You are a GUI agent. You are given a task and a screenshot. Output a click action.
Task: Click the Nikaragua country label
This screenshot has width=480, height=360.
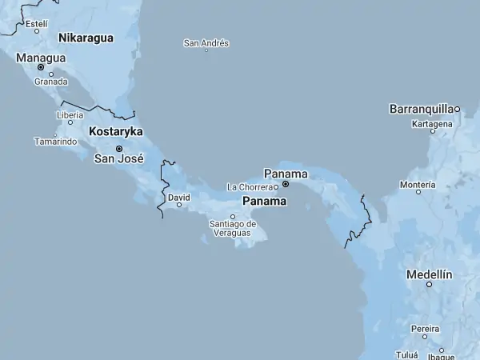click(86, 38)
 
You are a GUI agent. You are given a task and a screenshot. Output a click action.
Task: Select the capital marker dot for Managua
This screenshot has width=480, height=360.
click(41, 67)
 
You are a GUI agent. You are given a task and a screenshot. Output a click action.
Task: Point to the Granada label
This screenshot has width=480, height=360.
click(50, 82)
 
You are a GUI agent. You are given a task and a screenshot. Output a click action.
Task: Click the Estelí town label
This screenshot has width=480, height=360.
click(37, 24)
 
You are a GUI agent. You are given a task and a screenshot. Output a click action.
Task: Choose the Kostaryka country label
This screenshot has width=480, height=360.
click(116, 130)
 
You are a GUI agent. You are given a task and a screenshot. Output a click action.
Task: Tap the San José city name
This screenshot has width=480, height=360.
click(118, 158)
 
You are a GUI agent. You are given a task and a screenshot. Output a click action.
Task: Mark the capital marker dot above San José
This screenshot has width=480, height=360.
click(119, 148)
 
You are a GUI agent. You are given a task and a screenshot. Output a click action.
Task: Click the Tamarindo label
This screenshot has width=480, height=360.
click(55, 142)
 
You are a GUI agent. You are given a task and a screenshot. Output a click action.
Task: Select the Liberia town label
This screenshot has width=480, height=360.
click(70, 114)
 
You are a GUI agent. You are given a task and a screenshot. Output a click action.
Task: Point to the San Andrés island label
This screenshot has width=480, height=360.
click(206, 42)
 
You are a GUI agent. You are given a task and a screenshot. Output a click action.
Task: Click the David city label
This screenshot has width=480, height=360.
click(179, 196)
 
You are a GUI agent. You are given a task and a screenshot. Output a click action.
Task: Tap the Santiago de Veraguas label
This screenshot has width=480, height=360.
click(233, 228)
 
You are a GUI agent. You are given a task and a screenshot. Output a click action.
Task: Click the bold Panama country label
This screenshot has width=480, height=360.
click(265, 202)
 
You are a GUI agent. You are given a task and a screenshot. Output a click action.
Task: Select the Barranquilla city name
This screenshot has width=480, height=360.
click(422, 108)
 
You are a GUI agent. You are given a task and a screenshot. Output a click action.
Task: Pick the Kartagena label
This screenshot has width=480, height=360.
click(431, 124)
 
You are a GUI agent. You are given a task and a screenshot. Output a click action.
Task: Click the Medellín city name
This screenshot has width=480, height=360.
click(430, 274)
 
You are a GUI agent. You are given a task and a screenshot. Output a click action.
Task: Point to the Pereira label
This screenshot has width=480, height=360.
click(426, 328)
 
